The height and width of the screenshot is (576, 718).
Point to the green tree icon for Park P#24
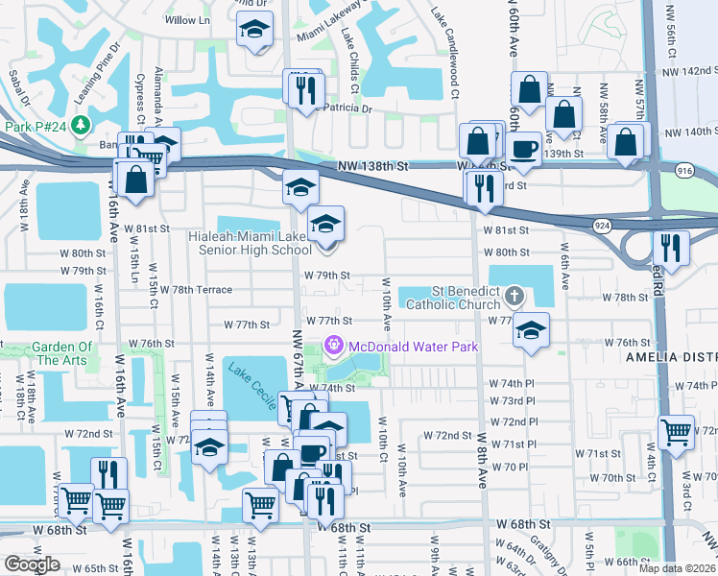pos(81,126)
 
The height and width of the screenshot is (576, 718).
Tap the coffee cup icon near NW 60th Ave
pos(524,149)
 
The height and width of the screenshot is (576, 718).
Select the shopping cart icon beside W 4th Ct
pos(676,431)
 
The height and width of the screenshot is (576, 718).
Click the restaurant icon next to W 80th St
pos(670,247)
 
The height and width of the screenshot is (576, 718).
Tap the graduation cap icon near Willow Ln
pos(254,30)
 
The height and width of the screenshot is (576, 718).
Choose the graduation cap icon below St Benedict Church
pos(531,329)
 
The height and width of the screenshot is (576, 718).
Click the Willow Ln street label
pos(187,20)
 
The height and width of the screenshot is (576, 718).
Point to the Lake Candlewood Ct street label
pos(444,39)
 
